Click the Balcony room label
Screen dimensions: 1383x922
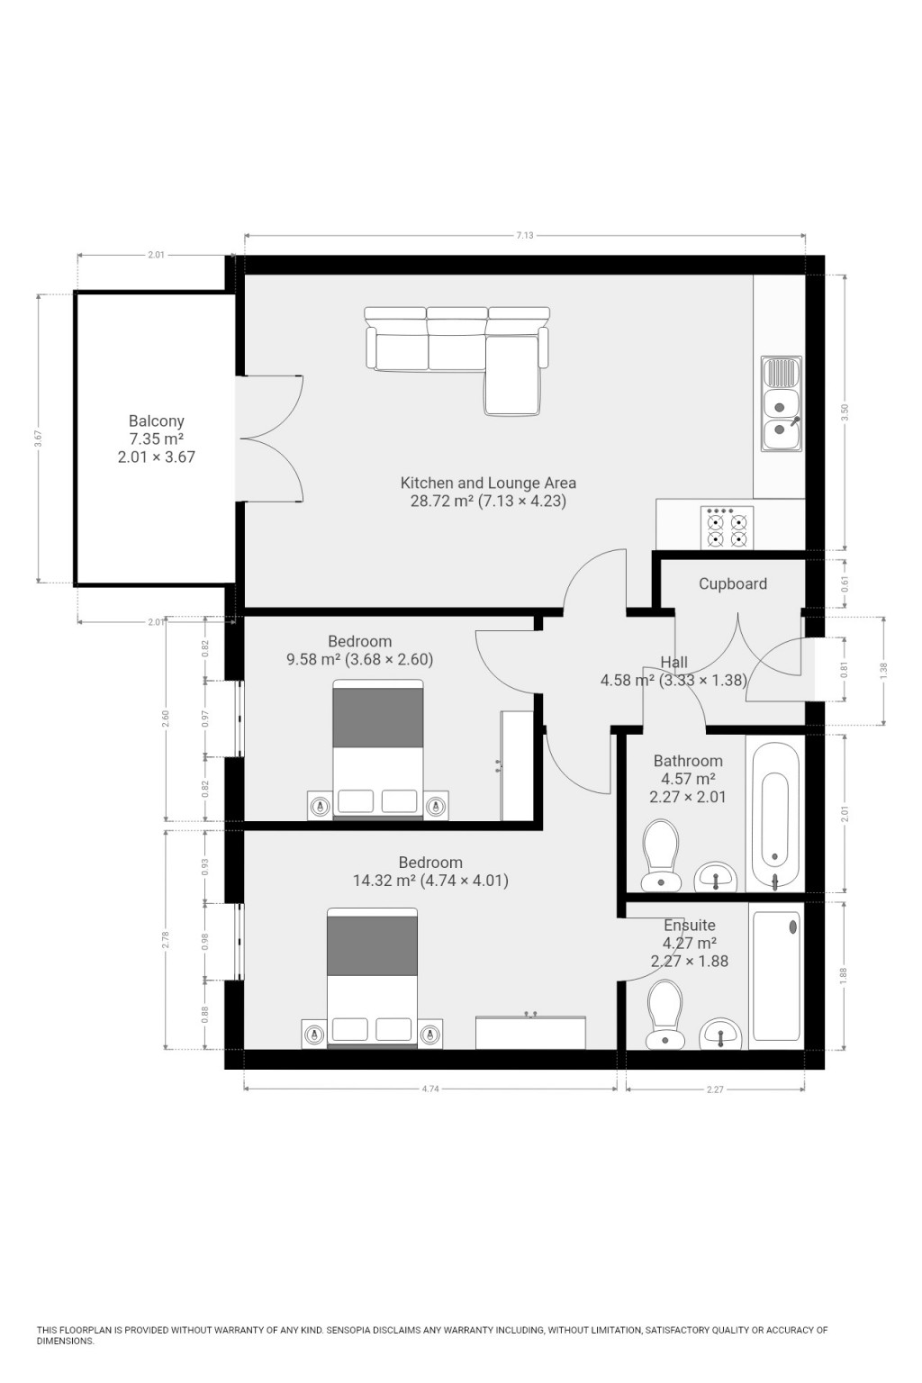156,420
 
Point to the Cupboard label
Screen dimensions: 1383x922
732,583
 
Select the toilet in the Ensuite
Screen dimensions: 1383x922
664,1013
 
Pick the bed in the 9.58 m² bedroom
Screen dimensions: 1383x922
378,749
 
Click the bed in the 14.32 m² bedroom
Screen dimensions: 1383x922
372,978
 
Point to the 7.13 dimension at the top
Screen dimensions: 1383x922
524,236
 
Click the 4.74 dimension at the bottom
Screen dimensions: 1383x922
430,1089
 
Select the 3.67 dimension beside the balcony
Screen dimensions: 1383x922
38,438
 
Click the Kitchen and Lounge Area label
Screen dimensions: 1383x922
488,483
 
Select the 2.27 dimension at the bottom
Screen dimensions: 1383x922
714,1089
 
